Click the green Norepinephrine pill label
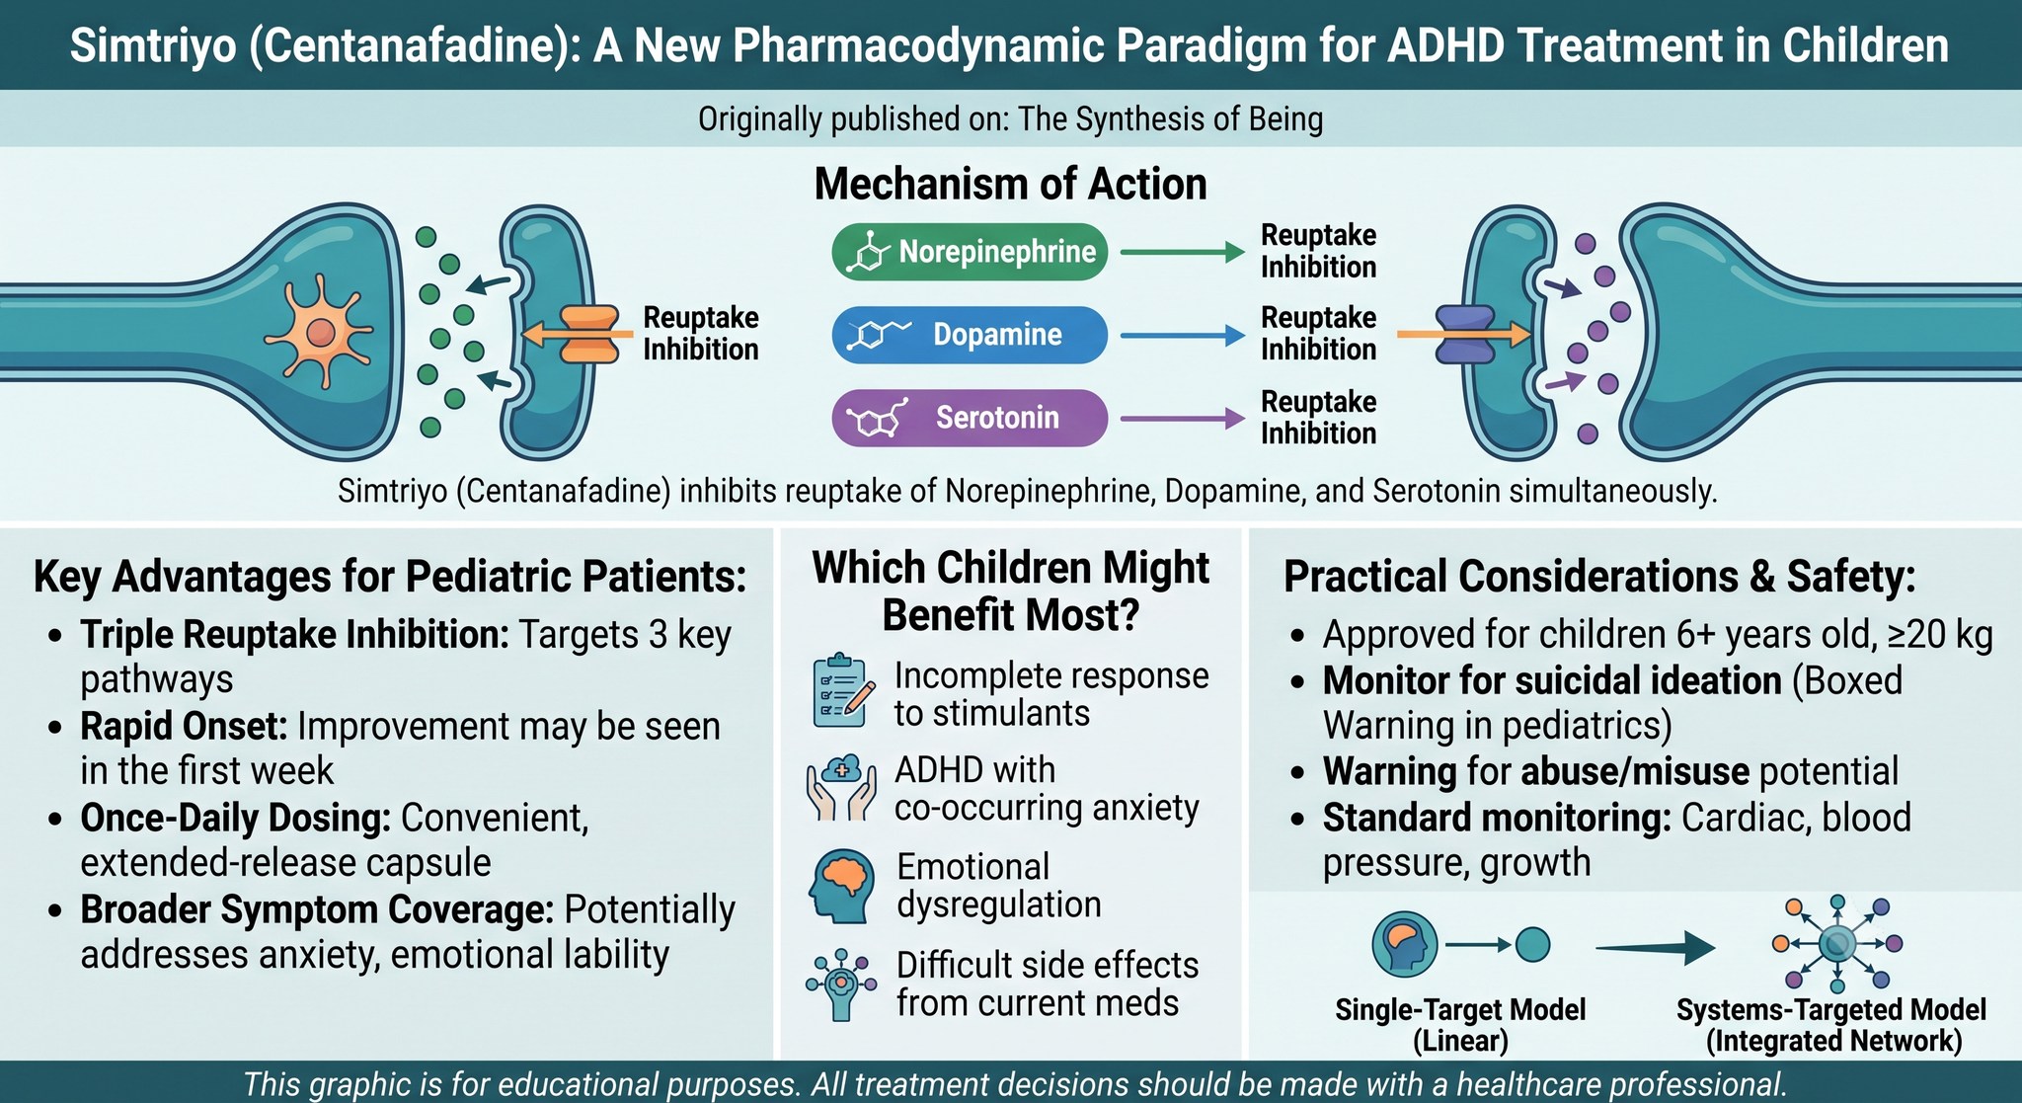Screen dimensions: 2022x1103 pos(970,252)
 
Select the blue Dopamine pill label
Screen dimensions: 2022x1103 pos(970,335)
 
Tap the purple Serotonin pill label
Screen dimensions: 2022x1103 pos(970,418)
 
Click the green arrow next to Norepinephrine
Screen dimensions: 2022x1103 pos(1183,253)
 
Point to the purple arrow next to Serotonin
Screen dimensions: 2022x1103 pos(1183,419)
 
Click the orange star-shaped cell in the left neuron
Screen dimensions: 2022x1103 pos(319,332)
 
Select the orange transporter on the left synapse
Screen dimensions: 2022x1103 pos(589,334)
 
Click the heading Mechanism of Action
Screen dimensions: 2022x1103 pos(1010,185)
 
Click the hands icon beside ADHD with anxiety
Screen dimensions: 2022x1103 pos(841,787)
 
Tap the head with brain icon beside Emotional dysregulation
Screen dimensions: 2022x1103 pos(842,886)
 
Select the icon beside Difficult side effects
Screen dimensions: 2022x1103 pos(841,984)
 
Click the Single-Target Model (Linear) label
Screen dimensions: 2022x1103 pos(1460,1025)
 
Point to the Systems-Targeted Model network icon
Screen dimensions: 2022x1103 pos(1836,944)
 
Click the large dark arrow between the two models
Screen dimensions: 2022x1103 pos(1655,948)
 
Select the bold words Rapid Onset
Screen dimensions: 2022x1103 pos(184,727)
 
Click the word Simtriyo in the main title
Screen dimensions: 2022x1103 pos(153,46)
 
